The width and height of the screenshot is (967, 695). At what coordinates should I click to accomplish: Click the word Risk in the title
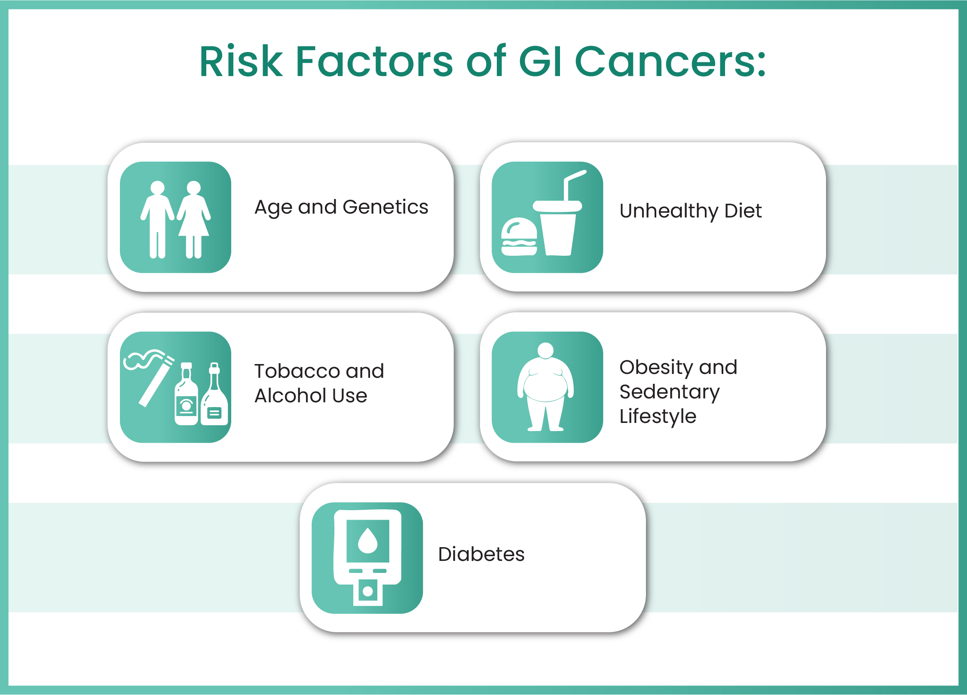241,62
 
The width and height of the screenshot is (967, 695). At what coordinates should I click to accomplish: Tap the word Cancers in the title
670,62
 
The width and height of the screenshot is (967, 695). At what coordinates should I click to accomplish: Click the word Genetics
385,207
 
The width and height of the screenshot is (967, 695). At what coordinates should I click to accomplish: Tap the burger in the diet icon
519,237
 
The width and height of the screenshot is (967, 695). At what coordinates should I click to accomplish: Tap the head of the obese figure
546,350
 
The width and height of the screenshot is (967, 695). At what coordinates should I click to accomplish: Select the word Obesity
655,367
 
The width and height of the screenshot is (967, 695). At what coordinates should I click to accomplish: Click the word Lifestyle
658,416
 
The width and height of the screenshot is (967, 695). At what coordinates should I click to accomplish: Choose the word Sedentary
669,392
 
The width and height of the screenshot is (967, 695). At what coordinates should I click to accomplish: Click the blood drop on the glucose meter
367,540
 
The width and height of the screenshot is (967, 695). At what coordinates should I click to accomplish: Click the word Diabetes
481,554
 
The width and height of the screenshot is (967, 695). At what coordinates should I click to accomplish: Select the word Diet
743,211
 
